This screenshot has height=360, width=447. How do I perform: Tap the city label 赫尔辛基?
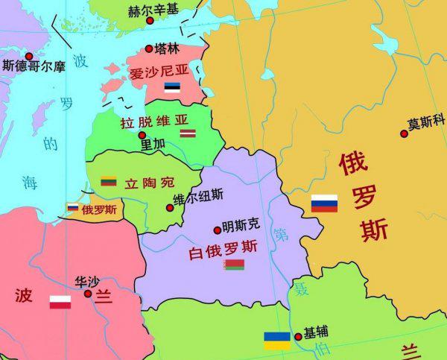tap(153, 10)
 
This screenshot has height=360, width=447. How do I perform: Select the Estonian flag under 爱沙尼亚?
tap(172, 88)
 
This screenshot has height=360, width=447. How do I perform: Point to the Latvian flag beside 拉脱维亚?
tap(188, 133)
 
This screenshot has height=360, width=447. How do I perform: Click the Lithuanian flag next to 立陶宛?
tap(109, 180)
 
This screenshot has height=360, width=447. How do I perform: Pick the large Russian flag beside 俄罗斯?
tap(324, 203)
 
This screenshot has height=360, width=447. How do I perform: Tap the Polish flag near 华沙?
tap(60, 302)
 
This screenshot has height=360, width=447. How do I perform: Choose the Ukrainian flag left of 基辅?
tap(277, 341)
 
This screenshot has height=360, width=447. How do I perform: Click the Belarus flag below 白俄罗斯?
tap(234, 264)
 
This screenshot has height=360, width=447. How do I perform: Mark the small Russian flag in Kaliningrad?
tap(73, 208)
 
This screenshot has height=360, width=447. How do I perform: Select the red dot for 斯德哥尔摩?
tap(29, 56)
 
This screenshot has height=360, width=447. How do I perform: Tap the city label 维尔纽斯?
tap(197, 197)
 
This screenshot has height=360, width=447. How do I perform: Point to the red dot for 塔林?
tap(148, 49)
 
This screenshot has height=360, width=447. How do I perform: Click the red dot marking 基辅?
tap(298, 337)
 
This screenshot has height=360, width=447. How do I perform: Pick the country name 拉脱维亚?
tap(154, 121)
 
